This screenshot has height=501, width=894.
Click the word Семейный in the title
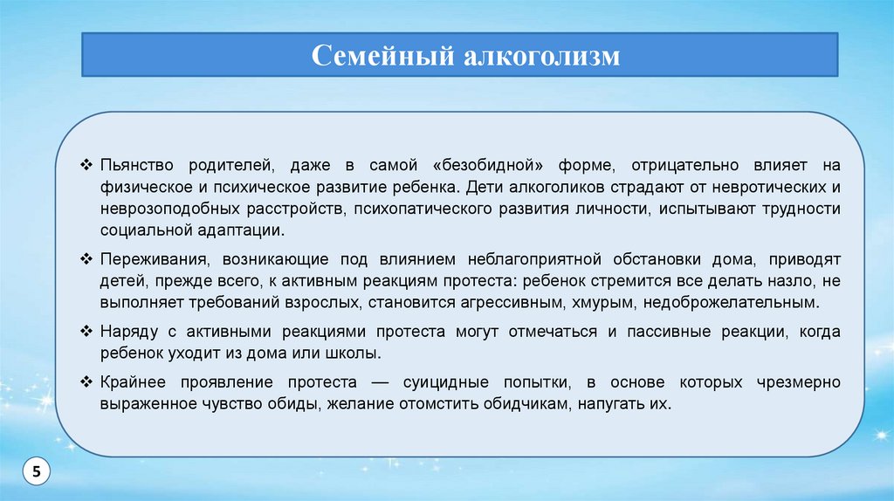pyautogui.click(x=382, y=56)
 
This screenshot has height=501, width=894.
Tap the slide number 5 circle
pyautogui.click(x=36, y=471)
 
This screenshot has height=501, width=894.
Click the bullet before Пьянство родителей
pyautogui.click(x=86, y=165)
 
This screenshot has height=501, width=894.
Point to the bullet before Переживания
pyautogui.click(x=86, y=259)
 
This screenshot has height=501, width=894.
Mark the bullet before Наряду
pyautogui.click(x=86, y=331)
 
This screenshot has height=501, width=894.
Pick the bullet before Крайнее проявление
pyautogui.click(x=86, y=382)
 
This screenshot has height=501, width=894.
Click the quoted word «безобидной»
pyautogui.click(x=487, y=166)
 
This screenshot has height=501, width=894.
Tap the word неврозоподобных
pyautogui.click(x=170, y=209)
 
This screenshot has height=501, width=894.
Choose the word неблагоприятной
pyautogui.click(x=534, y=260)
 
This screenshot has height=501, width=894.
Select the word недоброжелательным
pyautogui.click(x=731, y=303)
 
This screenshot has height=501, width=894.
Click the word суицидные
pyautogui.click(x=446, y=382)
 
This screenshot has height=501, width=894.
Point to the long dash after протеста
pyautogui.click(x=380, y=382)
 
